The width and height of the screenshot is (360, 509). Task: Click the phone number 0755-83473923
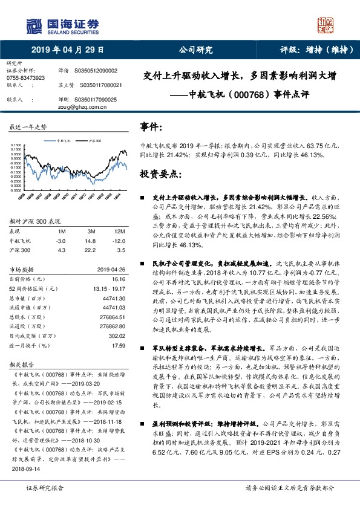[x=25, y=78]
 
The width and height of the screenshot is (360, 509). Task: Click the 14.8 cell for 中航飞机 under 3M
[x=91, y=240]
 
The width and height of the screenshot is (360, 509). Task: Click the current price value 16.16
[x=118, y=280]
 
